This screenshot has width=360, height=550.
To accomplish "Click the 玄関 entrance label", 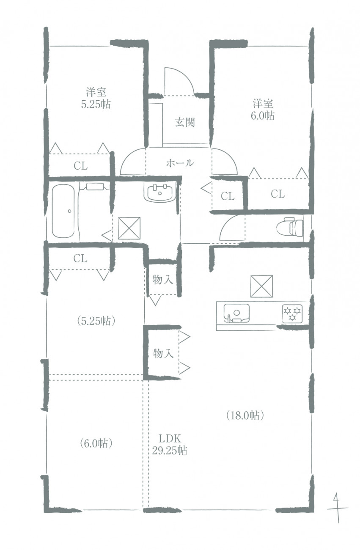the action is tap(185, 122).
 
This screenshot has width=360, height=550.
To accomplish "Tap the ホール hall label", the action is tap(180, 163).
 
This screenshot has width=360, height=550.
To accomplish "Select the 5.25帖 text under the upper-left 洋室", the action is tap(96, 104).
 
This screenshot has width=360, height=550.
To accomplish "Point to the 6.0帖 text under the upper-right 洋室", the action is tap(263, 115).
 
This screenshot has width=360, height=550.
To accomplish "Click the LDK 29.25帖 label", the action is tap(170, 444).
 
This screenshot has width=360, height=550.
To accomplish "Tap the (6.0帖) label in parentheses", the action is tap(96, 443).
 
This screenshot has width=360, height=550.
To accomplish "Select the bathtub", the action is tap(63, 211).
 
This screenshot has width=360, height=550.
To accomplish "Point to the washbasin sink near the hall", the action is tap(159, 192).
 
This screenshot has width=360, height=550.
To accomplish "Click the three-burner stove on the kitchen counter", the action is tap(292, 314).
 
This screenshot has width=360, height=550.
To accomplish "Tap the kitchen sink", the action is tap(236, 313).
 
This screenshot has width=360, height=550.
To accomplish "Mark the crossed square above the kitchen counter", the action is tap(261, 286).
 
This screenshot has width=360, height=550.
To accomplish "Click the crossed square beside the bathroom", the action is tap(129, 228).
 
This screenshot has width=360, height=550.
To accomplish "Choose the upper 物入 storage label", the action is tap(162, 280).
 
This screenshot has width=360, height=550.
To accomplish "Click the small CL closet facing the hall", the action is tap(228, 196).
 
